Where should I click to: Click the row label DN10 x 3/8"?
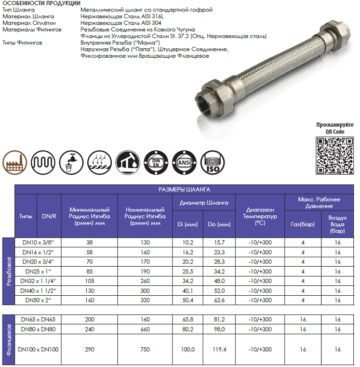[37, 242]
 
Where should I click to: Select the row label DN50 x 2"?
[37, 300]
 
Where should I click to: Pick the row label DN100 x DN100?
[37, 349]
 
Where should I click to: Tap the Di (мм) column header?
[191, 225]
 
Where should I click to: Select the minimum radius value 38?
[89, 242]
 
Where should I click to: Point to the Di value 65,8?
[188, 320]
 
